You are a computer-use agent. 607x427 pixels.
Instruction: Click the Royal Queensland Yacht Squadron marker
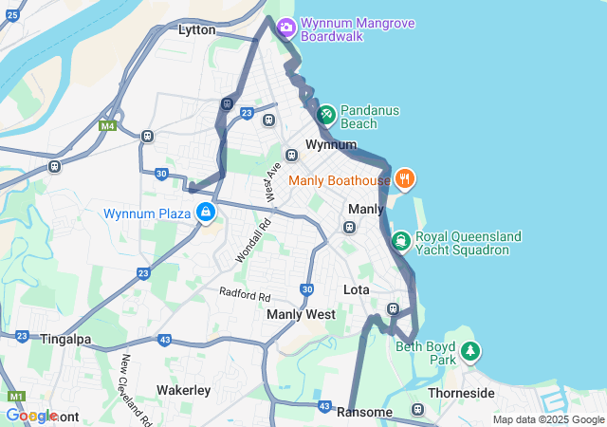[x=400, y=242]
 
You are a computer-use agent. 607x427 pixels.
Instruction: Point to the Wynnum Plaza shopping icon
[x=205, y=213]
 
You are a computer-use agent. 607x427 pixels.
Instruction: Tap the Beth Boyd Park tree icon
[x=470, y=353]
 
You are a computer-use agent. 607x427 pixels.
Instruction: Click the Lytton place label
[x=197, y=30]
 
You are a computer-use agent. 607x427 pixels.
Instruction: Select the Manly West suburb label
[x=301, y=314]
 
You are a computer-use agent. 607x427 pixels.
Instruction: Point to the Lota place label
[x=357, y=289]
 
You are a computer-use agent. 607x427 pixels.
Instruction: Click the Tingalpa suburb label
[x=65, y=339]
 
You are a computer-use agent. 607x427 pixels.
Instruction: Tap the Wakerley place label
[x=183, y=390]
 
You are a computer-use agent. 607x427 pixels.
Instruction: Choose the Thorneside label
[x=461, y=393]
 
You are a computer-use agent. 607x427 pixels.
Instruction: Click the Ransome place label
[x=364, y=412]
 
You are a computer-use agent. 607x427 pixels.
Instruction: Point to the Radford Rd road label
[x=245, y=293]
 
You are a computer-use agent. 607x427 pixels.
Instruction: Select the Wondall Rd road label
[x=252, y=241]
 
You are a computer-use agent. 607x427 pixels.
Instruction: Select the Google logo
[x=31, y=416]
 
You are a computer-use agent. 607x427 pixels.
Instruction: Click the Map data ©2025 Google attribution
[x=547, y=419]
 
